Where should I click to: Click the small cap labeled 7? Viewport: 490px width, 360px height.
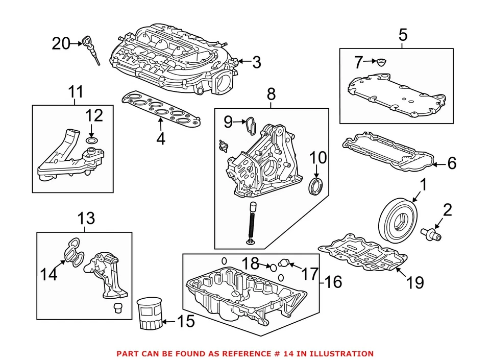click(x=380, y=63)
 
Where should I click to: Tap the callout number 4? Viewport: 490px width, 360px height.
click(x=161, y=138)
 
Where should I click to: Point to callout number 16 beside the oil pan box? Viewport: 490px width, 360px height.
click(x=333, y=281)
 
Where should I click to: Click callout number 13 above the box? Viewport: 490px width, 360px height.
click(x=86, y=219)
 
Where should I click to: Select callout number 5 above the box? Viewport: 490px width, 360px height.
click(x=403, y=35)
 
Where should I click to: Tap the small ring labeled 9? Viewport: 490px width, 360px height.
click(x=250, y=123)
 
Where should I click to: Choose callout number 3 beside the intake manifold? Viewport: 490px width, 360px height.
click(x=256, y=62)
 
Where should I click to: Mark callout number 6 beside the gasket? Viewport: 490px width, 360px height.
click(x=452, y=163)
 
